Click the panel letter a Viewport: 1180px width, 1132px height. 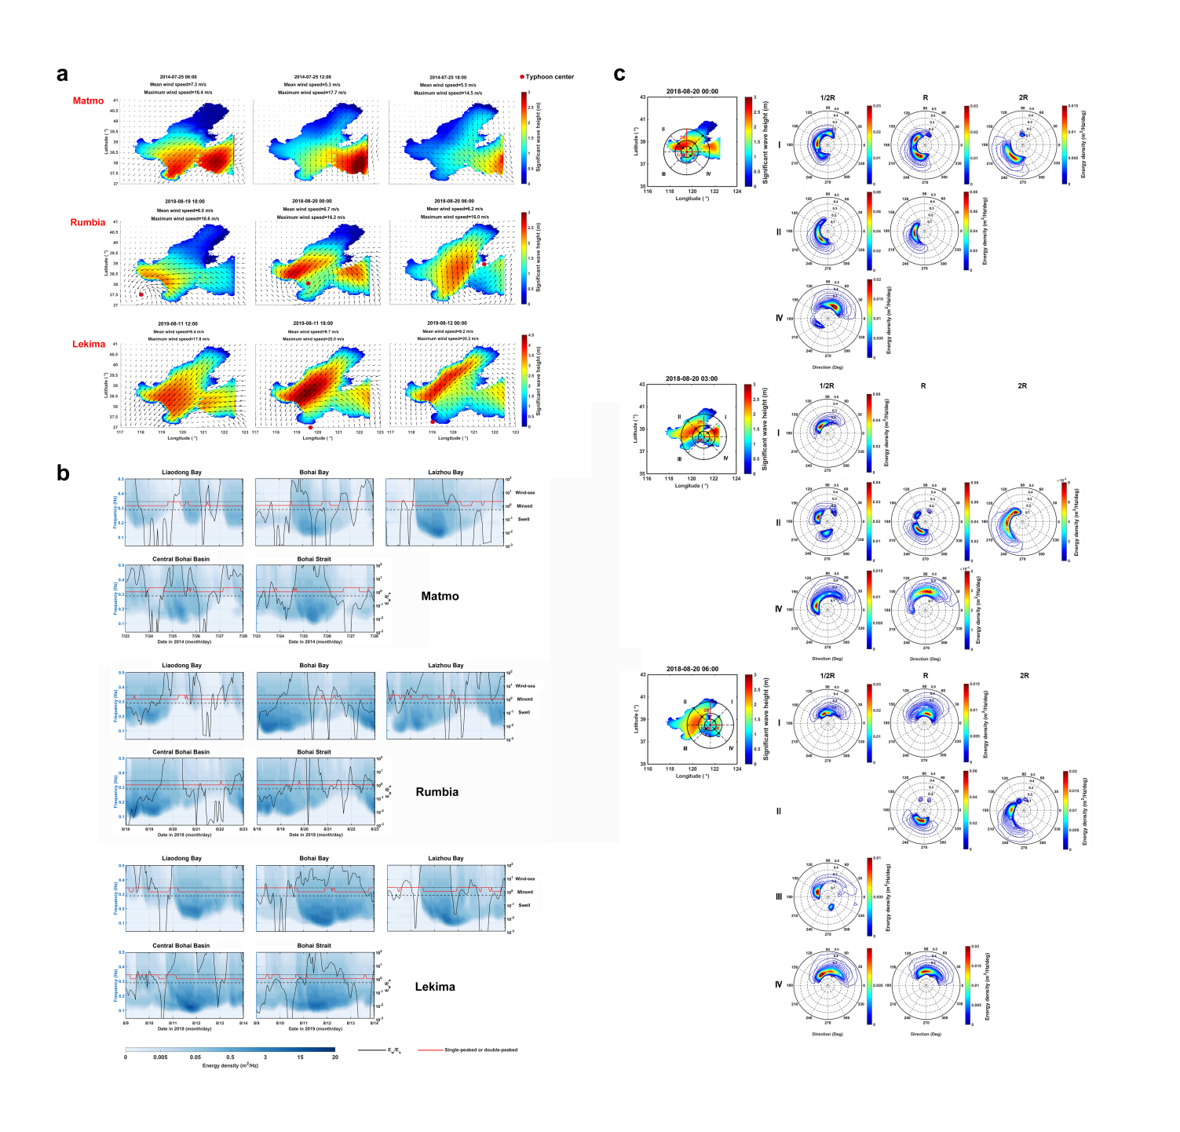tap(62, 75)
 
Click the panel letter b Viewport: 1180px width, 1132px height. tap(63, 473)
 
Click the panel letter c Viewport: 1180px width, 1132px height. tap(619, 75)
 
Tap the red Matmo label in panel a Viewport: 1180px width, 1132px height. tap(88, 100)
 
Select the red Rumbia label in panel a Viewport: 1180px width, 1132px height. tap(87, 222)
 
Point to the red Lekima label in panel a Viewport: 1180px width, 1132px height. tap(89, 344)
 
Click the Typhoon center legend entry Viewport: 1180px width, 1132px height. tap(547, 77)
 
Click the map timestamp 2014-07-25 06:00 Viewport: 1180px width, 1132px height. tap(178, 77)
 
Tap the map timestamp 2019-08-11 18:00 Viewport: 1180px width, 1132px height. tap(312, 323)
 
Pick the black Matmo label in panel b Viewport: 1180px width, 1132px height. tap(440, 596)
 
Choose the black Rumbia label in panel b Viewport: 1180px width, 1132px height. tap(437, 791)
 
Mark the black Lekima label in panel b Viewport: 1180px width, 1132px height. tap(435, 986)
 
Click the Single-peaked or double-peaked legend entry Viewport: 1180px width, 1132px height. tap(480, 1050)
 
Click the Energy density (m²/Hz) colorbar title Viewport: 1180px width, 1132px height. tap(230, 1065)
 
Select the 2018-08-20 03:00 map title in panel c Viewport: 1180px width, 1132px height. tap(692, 378)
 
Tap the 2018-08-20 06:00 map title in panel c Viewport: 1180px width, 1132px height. tap(692, 669)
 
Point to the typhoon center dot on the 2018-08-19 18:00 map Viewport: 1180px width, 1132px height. tap(141, 294)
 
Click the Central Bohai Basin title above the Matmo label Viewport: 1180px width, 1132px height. tap(181, 559)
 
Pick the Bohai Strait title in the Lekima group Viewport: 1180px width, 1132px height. tap(314, 945)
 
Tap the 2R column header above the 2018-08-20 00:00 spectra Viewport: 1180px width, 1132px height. tap(1023, 98)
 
